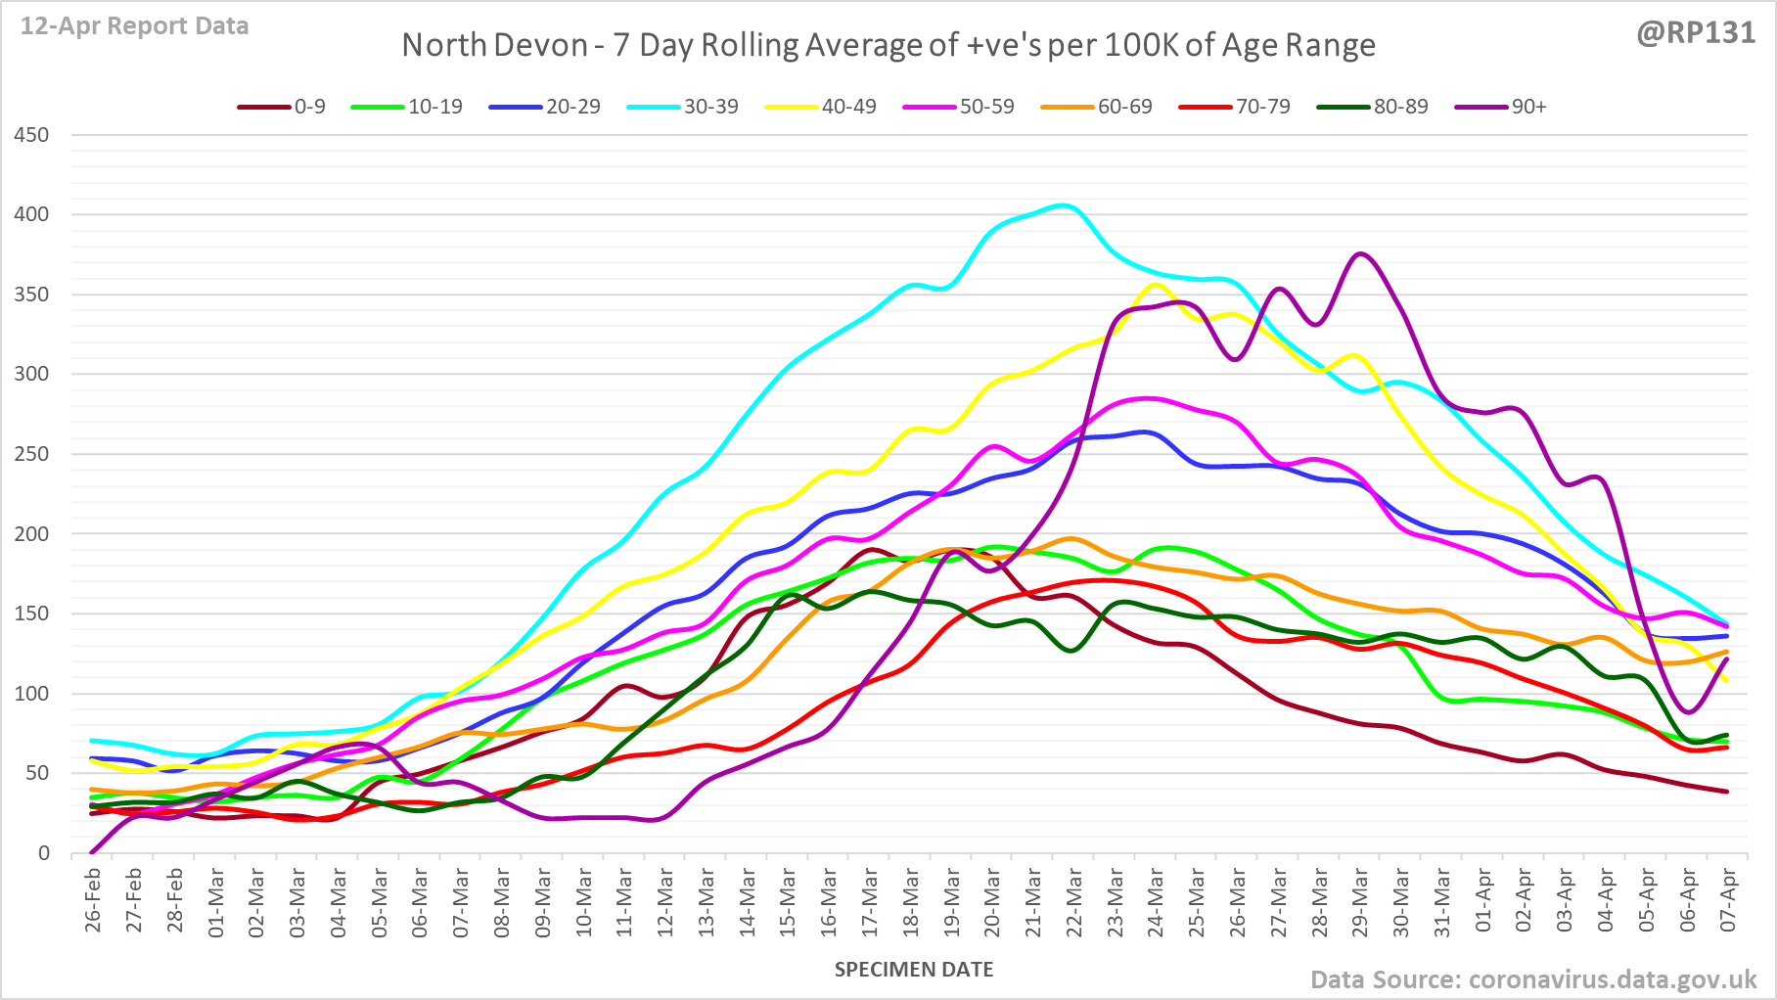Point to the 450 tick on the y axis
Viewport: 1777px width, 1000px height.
point(31,135)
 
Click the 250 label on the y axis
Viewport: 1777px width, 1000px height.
point(31,454)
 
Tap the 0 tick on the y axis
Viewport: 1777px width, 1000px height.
point(43,853)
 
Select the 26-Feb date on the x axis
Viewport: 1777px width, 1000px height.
point(93,899)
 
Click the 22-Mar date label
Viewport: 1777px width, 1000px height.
point(1074,899)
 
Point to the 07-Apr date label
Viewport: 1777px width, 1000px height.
point(1728,899)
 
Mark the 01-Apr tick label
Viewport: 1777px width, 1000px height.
point(1483,899)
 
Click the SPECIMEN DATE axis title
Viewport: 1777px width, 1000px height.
point(913,970)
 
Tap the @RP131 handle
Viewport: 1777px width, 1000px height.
point(1696,33)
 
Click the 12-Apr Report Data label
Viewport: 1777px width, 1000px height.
point(135,26)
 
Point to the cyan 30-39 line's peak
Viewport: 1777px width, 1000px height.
point(1064,205)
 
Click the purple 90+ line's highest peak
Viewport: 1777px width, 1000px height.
point(1361,254)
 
